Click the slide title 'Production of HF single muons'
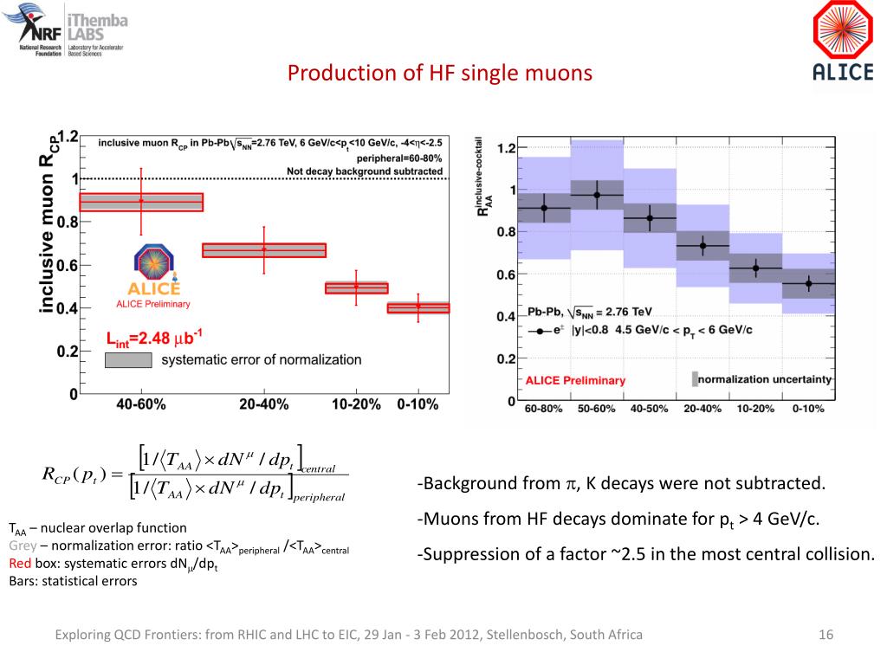click(x=440, y=74)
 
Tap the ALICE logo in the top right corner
click(x=842, y=42)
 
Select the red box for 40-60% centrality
click(x=141, y=202)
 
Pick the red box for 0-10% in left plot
click(x=418, y=307)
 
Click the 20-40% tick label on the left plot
click(x=263, y=404)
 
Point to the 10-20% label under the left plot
click(x=354, y=404)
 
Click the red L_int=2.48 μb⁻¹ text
click(x=154, y=339)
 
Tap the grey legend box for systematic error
click(x=128, y=359)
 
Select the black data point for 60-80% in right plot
click(x=544, y=208)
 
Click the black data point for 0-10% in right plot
click(x=809, y=283)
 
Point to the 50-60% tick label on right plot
click(x=597, y=408)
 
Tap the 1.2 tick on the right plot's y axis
click(x=506, y=149)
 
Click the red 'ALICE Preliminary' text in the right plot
click(x=575, y=380)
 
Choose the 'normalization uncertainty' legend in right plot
click(x=762, y=379)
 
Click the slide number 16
click(x=825, y=636)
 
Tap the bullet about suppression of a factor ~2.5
click(x=645, y=554)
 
